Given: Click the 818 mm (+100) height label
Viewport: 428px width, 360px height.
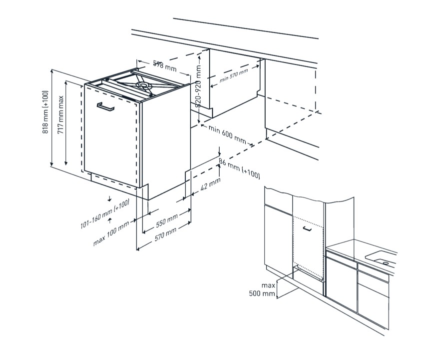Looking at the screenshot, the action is click(45, 112).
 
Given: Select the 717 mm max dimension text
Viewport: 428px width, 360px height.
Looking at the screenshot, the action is click(60, 114).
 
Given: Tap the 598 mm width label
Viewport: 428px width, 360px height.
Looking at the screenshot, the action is click(165, 66).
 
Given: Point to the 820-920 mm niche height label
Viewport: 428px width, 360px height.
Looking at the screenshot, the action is click(198, 86).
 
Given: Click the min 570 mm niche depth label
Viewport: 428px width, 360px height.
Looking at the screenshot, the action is click(234, 75).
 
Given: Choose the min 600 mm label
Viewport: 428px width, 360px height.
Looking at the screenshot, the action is click(227, 134).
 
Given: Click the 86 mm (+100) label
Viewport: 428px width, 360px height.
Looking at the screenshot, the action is click(239, 168).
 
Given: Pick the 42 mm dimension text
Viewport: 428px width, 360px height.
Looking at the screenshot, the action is click(210, 183).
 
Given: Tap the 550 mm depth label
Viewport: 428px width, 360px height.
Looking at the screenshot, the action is click(167, 220).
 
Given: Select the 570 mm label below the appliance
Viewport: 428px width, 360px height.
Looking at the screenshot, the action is click(165, 234).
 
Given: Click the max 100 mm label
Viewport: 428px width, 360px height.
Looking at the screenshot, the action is click(111, 233).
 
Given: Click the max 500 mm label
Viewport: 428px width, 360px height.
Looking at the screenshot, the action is click(262, 289).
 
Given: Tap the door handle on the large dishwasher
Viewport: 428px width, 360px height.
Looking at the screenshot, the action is click(105, 107).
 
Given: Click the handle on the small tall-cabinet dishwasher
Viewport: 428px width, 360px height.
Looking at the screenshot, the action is click(307, 228).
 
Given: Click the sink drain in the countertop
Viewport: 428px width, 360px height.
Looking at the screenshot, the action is click(386, 263).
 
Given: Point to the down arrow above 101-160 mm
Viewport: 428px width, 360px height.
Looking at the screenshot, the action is click(109, 198).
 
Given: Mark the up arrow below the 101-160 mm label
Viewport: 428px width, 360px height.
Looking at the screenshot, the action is click(110, 220).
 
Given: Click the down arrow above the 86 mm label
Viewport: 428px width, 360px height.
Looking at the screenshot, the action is click(219, 151).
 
